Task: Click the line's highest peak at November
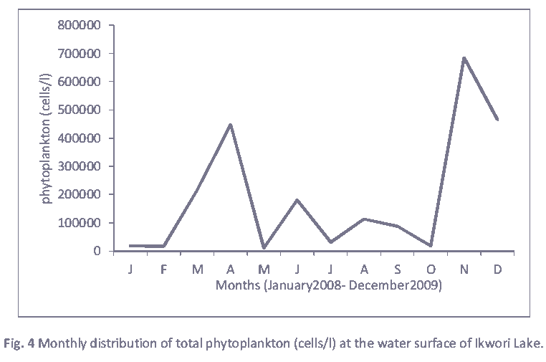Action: click(x=464, y=57)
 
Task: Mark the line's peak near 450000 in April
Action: click(x=231, y=124)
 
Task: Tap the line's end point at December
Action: click(x=498, y=120)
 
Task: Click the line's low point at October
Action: click(x=431, y=246)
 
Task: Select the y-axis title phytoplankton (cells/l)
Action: click(x=47, y=136)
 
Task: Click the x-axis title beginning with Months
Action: click(x=328, y=285)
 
